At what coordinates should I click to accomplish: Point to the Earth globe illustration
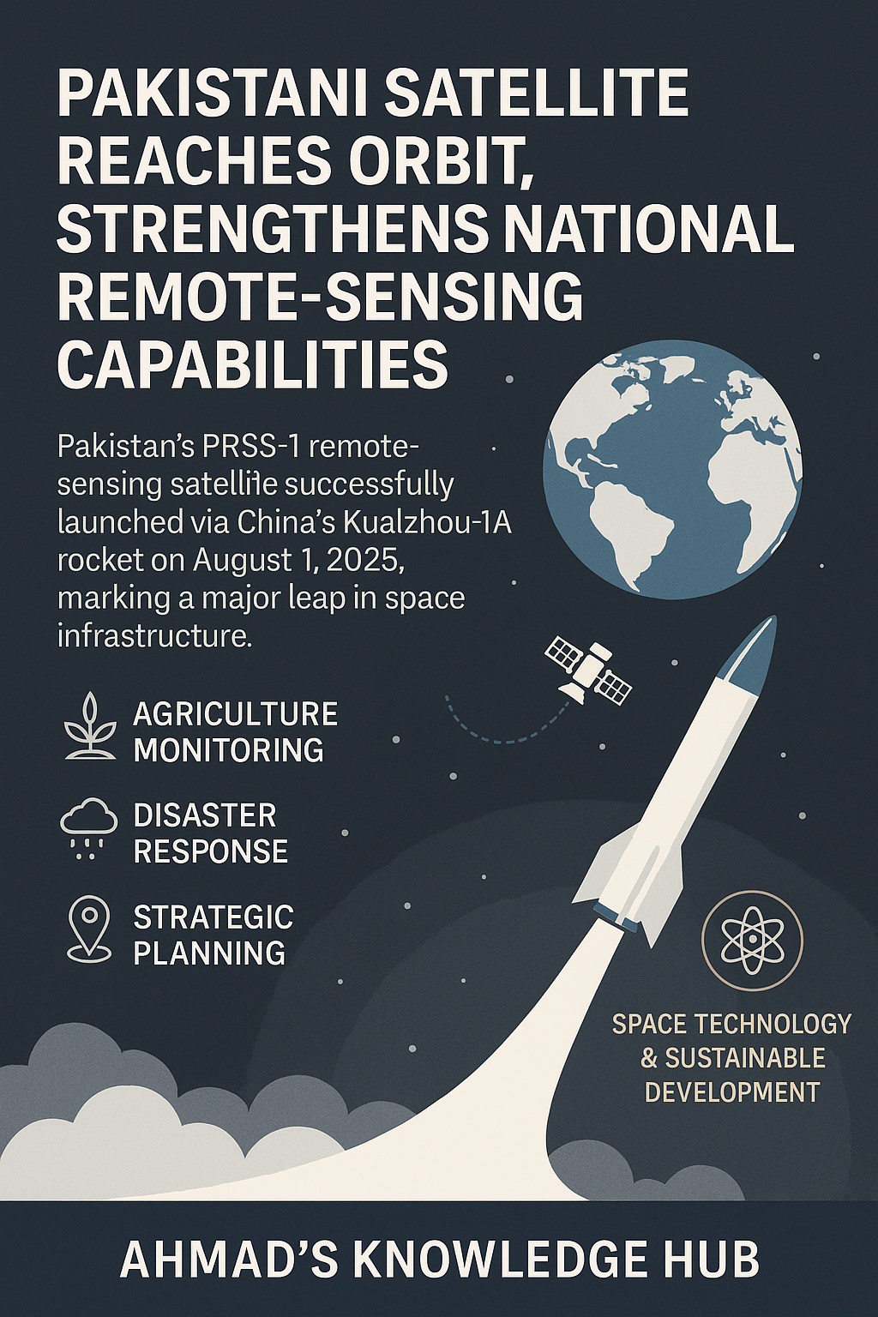672,472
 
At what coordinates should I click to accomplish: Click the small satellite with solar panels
588,671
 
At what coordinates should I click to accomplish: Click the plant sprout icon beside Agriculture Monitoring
91,727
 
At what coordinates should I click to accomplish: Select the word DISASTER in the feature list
204,815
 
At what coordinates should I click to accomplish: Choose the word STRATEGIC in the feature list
213,917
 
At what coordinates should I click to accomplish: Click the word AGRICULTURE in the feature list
235,713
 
